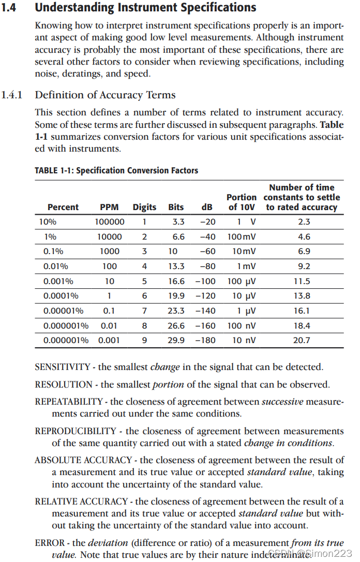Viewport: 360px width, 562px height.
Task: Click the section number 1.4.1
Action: click(x=11, y=95)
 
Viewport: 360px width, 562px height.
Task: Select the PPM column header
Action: click(x=109, y=207)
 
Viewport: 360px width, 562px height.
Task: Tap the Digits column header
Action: click(x=144, y=207)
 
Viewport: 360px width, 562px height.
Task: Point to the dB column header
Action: click(x=207, y=207)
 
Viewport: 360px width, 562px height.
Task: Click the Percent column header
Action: click(x=63, y=207)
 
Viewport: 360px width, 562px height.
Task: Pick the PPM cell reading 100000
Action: click(x=109, y=222)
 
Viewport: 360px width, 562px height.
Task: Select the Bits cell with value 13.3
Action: click(x=176, y=267)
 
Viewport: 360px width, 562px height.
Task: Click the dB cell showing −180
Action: click(x=205, y=341)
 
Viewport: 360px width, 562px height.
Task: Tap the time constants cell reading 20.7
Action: click(x=302, y=341)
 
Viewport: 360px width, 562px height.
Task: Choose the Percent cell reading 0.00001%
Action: click(x=63, y=311)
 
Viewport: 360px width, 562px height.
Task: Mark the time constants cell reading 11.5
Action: click(x=302, y=282)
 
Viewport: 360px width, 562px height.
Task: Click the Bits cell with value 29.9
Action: click(x=176, y=341)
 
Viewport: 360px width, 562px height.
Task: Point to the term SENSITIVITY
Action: click(x=63, y=367)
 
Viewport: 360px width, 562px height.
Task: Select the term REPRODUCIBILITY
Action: click(x=76, y=431)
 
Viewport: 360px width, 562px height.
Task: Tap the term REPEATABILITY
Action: click(x=69, y=402)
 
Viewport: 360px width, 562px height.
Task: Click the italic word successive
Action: click(x=282, y=402)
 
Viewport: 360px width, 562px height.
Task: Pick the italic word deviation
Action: click(x=108, y=543)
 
